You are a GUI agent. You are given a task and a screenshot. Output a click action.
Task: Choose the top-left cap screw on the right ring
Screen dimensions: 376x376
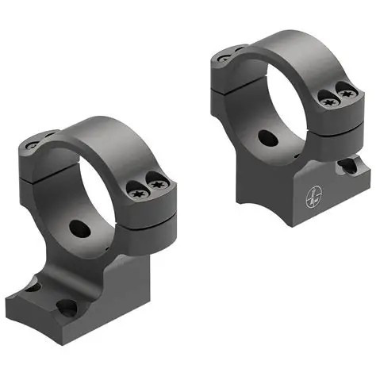pos(224,57)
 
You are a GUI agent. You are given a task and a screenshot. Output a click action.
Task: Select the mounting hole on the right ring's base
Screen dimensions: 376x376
pos(347,167)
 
